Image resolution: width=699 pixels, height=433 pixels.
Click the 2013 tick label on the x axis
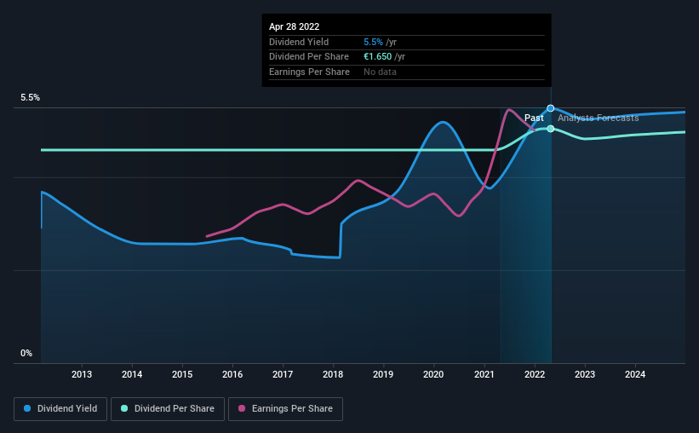tap(82, 374)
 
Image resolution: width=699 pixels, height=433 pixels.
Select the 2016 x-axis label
tap(232, 374)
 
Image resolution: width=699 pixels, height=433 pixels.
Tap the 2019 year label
tap(383, 374)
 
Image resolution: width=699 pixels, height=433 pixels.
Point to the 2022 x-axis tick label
tap(535, 374)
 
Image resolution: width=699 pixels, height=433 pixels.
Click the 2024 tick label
tap(635, 374)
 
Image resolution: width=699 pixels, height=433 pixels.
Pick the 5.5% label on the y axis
tap(31, 98)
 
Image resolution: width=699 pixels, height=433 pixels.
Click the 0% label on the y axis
tap(26, 353)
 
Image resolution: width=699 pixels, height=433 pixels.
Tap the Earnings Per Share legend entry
tap(284, 409)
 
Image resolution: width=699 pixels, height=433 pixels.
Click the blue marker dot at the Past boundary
tap(551, 108)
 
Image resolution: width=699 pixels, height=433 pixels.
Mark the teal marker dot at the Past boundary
tap(551, 129)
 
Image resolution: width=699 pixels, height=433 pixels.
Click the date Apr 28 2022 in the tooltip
tap(295, 26)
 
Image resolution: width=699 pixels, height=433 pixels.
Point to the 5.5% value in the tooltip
tap(374, 42)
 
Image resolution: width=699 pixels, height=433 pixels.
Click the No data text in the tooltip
tap(381, 72)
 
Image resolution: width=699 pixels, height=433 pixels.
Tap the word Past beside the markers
tap(534, 118)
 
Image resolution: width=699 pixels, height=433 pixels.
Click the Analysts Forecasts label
tap(598, 118)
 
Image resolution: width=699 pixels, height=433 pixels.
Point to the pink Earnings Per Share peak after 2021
tap(509, 109)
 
